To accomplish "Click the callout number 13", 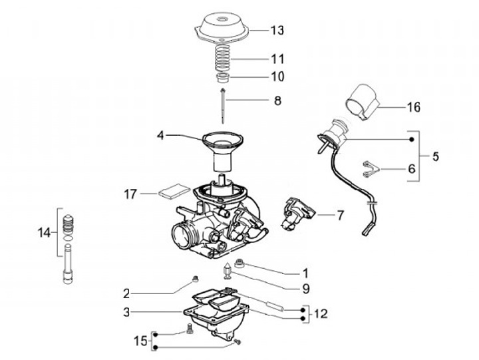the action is (277, 30).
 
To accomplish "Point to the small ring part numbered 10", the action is (224, 78).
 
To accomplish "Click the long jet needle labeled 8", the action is (223, 105).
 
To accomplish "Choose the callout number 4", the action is (160, 135).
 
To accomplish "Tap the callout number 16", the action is (414, 107).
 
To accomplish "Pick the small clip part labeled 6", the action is (371, 169).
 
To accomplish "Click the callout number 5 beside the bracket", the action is (435, 156).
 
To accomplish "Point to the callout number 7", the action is (341, 215).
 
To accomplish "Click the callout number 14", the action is (44, 233).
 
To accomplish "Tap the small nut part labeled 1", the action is (239, 263).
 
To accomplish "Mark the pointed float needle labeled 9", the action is (228, 270).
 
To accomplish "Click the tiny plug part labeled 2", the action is (194, 279).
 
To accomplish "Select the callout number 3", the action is (126, 312).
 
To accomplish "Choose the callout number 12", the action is (321, 313).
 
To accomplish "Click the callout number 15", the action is (141, 341).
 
